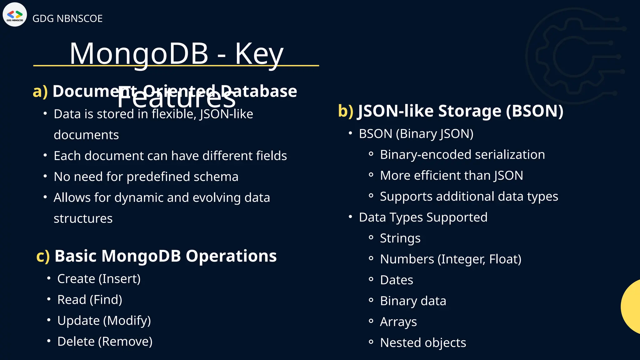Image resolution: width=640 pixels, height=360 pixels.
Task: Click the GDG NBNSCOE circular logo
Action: (15, 15)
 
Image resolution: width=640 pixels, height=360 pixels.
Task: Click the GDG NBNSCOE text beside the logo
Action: (67, 18)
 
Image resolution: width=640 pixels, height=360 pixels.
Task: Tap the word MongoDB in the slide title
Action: (139, 54)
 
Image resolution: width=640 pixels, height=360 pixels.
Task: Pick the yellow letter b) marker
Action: (346, 111)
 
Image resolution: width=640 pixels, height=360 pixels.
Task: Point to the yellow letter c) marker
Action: (43, 256)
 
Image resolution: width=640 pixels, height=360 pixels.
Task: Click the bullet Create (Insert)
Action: (99, 279)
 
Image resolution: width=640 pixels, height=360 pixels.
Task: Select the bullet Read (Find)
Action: (90, 300)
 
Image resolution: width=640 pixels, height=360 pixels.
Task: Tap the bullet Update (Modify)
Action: (104, 321)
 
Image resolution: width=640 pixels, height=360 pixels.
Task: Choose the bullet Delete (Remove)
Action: (105, 342)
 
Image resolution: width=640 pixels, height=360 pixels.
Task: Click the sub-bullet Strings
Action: (400, 238)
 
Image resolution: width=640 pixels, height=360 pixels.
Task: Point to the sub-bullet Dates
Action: (396, 280)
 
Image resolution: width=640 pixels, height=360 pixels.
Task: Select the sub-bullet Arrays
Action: (398, 322)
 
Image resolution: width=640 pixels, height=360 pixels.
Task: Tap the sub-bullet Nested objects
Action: (423, 343)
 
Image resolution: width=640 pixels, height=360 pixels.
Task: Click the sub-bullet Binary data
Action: (413, 301)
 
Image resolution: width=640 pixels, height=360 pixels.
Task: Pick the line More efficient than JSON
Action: (451, 176)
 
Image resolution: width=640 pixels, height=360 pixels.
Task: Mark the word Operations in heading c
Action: (231, 256)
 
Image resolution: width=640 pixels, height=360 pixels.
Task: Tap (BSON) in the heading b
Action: (534, 111)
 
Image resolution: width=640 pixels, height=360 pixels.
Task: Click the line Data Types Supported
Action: (423, 217)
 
